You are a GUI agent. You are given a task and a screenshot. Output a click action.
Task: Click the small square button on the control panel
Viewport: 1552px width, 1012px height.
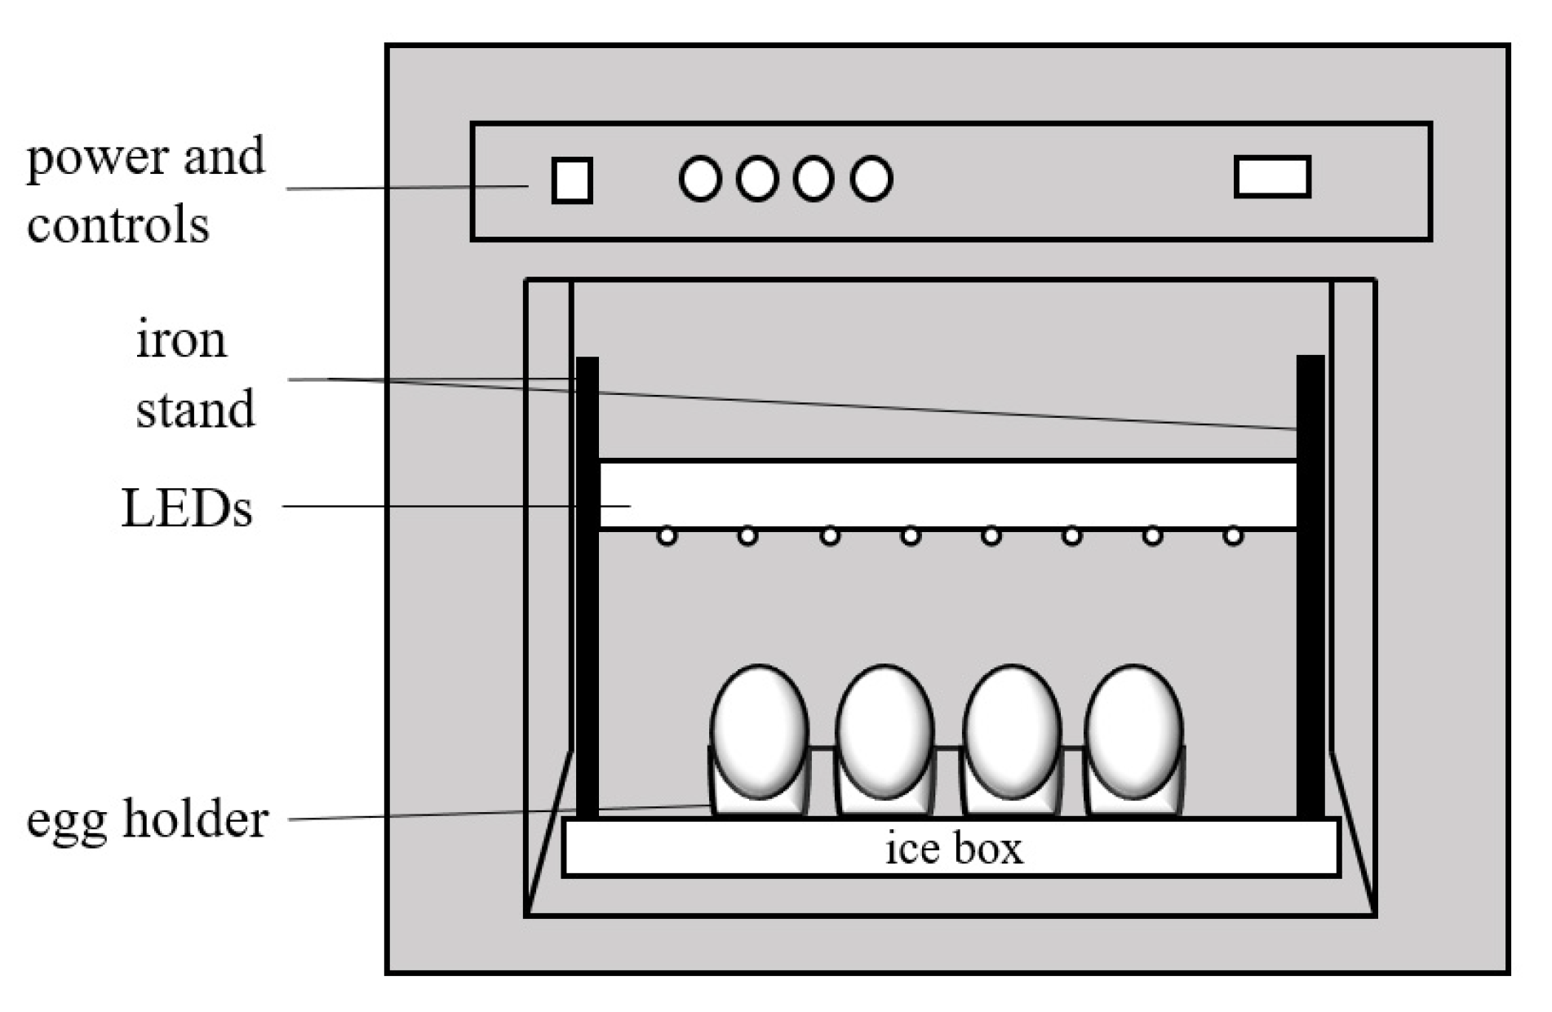[x=571, y=180]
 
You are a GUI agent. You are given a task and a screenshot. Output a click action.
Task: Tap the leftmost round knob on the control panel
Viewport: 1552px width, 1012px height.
[x=699, y=179]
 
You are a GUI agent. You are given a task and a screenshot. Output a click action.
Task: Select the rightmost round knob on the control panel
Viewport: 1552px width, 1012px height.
[x=871, y=179]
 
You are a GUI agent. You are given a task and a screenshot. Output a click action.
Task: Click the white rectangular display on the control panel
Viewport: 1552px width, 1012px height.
[x=1272, y=177]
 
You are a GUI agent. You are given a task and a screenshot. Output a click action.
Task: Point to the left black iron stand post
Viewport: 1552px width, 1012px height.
[x=588, y=588]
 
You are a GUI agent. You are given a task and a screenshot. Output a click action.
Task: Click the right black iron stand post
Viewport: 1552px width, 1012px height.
[x=1310, y=588]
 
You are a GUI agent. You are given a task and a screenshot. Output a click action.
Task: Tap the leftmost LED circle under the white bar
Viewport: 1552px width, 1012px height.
[x=667, y=536]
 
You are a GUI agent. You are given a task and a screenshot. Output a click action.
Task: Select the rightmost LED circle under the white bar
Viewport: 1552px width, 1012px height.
[x=1233, y=536]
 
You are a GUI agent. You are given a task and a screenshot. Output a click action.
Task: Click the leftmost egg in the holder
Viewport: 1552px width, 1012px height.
[x=759, y=730]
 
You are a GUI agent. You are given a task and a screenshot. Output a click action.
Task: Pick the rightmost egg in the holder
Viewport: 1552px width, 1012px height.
[x=1133, y=730]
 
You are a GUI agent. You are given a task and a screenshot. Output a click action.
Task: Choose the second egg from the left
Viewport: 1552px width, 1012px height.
[x=885, y=730]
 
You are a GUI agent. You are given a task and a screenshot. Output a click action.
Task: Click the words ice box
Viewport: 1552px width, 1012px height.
[x=953, y=848]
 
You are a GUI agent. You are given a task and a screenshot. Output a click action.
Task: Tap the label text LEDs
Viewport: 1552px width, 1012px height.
[x=186, y=508]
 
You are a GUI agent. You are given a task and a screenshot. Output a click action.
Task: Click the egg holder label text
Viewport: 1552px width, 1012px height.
[x=147, y=819]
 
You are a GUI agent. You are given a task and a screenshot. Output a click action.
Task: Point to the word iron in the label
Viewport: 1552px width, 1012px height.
[x=180, y=340]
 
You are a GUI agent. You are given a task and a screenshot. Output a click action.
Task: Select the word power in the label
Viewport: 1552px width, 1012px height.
[x=96, y=157]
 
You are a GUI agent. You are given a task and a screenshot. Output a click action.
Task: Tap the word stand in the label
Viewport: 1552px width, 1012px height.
[x=195, y=409]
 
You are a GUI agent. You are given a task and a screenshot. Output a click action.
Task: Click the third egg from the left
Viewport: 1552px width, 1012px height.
[x=1012, y=730]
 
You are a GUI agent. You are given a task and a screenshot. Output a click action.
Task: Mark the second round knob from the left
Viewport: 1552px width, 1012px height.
[x=756, y=179]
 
